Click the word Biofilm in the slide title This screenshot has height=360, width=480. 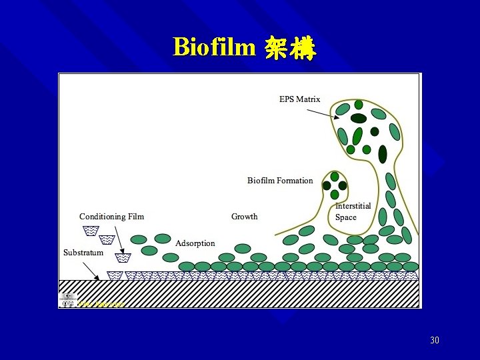coord(213,47)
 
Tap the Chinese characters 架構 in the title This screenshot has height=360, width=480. coord(289,48)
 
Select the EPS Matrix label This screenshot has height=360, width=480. coord(299,99)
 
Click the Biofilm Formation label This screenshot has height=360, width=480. coord(280,181)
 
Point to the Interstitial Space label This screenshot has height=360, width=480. coord(353,212)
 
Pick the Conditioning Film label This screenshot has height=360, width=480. coord(111,217)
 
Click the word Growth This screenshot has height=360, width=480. coord(244,217)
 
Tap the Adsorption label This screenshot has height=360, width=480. coord(195,243)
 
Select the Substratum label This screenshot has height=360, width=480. coord(83,253)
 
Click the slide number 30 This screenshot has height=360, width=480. coord(435,341)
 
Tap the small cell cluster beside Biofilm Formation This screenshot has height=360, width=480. coord(334,185)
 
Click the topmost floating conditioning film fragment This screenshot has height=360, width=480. coord(90,231)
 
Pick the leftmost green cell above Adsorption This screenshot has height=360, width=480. coord(139,239)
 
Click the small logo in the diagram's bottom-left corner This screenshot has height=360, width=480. coord(67,300)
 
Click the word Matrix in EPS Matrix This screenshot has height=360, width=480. coord(308,99)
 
